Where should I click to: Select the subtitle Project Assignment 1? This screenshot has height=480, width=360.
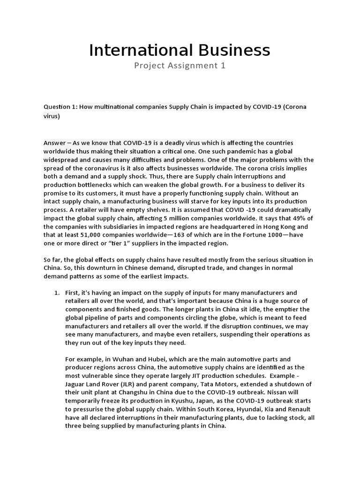click(180, 66)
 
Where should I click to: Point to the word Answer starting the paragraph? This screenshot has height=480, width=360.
click(55, 142)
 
